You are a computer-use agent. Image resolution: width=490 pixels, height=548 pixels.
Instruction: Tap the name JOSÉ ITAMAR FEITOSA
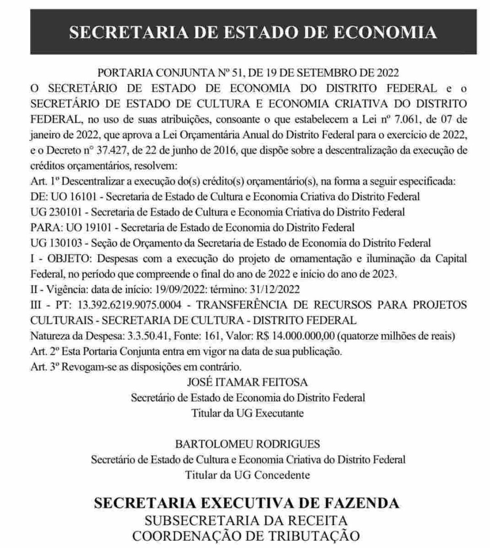tap(247, 382)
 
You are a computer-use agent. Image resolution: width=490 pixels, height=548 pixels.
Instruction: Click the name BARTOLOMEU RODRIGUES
tap(247, 444)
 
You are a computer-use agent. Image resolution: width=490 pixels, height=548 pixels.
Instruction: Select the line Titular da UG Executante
tap(247, 413)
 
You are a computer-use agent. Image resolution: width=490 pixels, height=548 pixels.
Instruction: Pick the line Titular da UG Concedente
tap(247, 475)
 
